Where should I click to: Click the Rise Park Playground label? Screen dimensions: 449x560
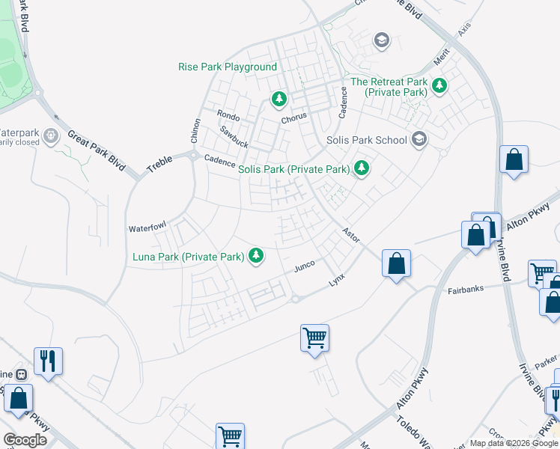[x=228, y=67]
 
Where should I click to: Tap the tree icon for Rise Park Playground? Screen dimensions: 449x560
[x=279, y=98]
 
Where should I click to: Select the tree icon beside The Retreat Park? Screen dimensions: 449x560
[x=439, y=86]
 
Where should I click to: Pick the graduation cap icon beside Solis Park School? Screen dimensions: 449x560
[x=419, y=138]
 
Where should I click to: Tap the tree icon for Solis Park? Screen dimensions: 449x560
[x=362, y=168]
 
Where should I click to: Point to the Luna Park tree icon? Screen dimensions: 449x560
[x=256, y=256]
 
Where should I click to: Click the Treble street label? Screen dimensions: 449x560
[x=159, y=163]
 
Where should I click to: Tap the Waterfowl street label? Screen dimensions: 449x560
[x=146, y=227]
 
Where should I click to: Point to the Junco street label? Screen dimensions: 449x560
[x=303, y=266]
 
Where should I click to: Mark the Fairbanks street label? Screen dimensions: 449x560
[x=466, y=289]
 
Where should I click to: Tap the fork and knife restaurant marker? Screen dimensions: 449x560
[x=48, y=361]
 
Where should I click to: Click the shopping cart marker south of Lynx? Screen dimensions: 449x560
[x=315, y=337]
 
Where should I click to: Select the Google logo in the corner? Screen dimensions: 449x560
[x=25, y=440]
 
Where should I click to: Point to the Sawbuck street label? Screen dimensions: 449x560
[x=233, y=135]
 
